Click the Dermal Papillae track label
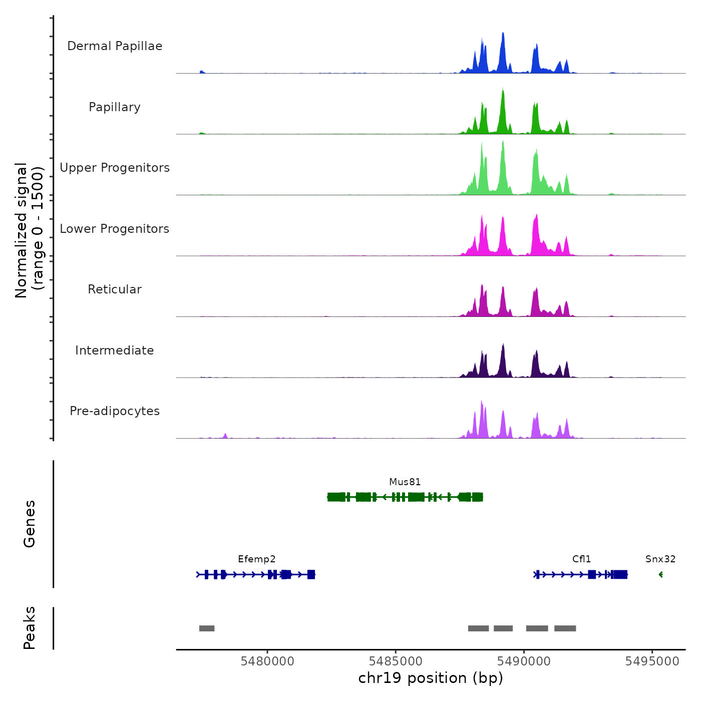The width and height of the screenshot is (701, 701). point(115,46)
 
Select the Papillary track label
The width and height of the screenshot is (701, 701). point(115,107)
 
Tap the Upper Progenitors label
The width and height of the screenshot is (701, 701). point(115,168)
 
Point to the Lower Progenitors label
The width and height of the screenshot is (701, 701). point(115,229)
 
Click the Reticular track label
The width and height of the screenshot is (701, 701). point(115,289)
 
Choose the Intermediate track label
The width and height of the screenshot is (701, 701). point(115,350)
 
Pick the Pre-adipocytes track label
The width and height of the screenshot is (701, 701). point(115,411)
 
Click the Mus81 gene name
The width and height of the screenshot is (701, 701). point(405,482)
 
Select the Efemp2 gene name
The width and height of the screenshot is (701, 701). point(256,559)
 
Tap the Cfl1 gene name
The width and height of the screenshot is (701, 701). point(581,559)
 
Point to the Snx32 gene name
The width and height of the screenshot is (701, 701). point(660,559)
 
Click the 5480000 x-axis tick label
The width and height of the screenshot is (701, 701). point(267,661)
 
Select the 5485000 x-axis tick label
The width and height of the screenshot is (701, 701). point(396,661)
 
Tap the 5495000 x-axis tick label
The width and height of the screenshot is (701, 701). point(652,661)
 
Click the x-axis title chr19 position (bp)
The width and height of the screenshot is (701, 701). point(431,678)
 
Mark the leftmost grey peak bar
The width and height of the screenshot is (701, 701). point(207,628)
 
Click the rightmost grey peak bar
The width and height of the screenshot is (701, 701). point(565,628)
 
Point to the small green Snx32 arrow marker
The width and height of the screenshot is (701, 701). point(661,574)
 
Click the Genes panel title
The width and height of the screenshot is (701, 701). point(30,524)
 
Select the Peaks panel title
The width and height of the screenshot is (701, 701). point(30,628)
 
